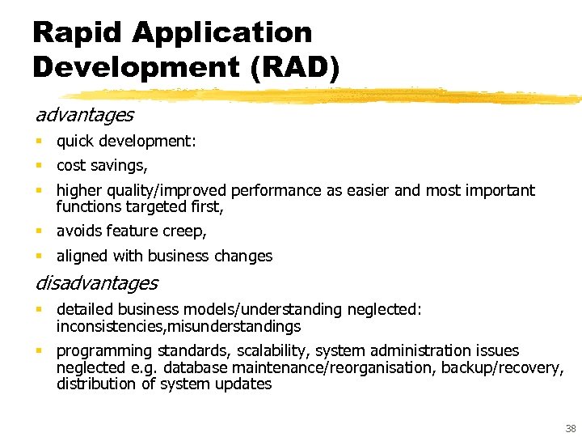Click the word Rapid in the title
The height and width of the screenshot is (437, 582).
tap(77, 32)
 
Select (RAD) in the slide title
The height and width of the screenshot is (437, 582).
tap(296, 66)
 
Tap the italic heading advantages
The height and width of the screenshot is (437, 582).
tap(84, 115)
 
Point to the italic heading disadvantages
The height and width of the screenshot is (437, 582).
tap(96, 283)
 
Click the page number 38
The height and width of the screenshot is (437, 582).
tap(571, 428)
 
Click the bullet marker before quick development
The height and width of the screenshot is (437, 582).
tap(39, 142)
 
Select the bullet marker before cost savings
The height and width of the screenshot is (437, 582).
tap(39, 166)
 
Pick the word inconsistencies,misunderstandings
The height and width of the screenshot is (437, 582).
tap(179, 327)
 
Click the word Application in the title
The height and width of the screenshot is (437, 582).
tap(221, 32)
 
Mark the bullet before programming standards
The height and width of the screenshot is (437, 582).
tap(39, 351)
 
